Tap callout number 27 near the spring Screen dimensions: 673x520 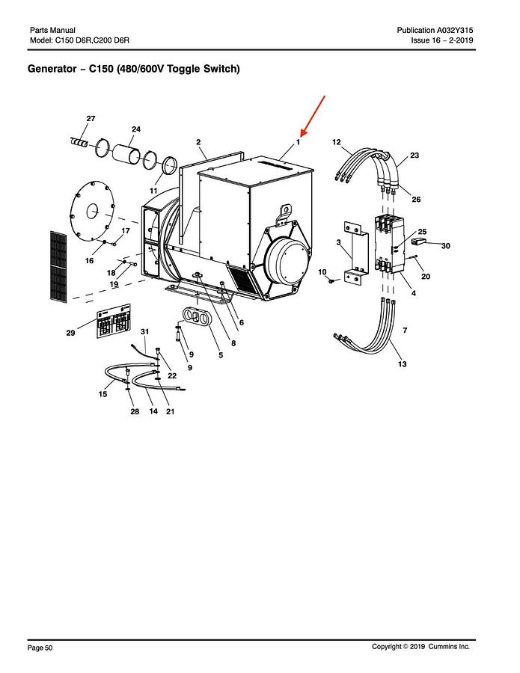pyautogui.click(x=91, y=119)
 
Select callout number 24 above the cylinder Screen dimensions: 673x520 pyautogui.click(x=136, y=129)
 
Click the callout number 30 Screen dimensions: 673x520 pyautogui.click(x=445, y=246)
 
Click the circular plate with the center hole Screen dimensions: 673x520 pyautogui.click(x=95, y=212)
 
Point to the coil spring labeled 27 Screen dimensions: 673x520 pyautogui.click(x=79, y=142)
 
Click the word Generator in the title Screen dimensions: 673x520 pyautogui.click(x=55, y=70)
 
